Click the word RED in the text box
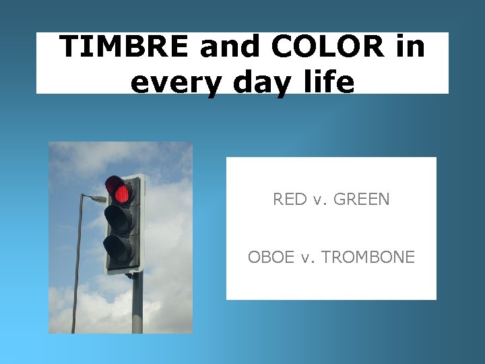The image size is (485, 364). coord(288,200)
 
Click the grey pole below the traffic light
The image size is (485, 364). coord(137,303)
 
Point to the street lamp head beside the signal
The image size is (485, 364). coord(98,199)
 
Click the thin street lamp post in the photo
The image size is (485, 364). coord(77,270)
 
